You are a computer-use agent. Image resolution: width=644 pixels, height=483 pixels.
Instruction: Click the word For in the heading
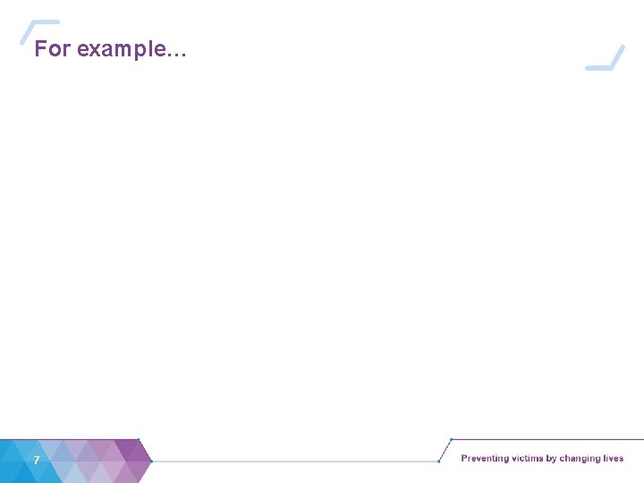[x=52, y=49]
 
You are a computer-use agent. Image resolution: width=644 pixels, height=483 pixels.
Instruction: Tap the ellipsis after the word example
[x=177, y=53]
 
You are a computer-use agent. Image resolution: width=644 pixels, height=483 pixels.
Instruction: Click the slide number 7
[x=36, y=460]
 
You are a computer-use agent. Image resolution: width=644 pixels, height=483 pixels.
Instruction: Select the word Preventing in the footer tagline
[x=485, y=459]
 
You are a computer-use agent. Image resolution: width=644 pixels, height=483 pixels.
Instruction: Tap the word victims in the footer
[x=527, y=459]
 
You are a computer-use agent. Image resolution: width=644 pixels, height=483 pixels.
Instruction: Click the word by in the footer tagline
[x=552, y=459]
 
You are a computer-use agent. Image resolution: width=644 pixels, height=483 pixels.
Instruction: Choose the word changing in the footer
[x=580, y=459]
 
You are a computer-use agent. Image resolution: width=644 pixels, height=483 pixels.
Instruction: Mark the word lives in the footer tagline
[x=614, y=459]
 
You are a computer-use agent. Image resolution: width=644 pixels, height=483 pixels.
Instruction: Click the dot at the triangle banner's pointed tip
[x=152, y=461]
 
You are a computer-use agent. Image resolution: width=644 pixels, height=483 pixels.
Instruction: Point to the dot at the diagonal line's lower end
[x=438, y=461]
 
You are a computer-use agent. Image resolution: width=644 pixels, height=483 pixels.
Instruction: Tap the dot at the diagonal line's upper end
[x=451, y=440]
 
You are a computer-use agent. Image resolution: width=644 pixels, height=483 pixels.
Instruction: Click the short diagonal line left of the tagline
[x=445, y=450]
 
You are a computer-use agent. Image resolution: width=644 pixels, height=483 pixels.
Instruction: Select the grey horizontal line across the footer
[x=295, y=461]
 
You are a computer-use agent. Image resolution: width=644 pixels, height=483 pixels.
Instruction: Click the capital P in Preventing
[x=464, y=459]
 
